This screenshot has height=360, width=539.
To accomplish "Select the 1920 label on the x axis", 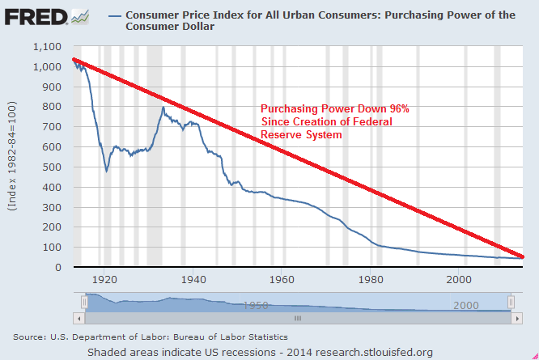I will click(x=104, y=279).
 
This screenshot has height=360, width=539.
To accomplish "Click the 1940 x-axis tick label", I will click(x=193, y=279).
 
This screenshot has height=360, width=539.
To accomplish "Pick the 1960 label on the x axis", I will click(x=282, y=279).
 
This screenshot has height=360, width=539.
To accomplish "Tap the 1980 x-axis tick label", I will click(x=370, y=279).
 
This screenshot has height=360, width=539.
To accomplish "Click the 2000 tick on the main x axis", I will click(x=459, y=279).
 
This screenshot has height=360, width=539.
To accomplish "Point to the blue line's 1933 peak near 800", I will click(x=163, y=107).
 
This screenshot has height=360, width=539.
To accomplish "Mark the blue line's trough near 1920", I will click(x=106, y=171).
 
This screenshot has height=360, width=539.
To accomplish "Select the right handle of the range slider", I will click(x=511, y=301).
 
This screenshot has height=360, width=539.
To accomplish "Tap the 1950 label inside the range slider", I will click(x=257, y=306).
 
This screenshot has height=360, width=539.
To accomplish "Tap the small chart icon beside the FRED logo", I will click(x=80, y=16).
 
